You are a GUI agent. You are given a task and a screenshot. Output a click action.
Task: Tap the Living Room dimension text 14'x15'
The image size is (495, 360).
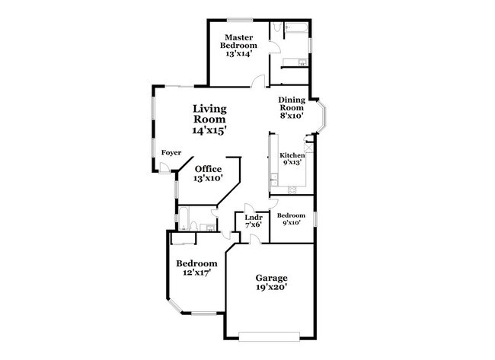coord(209,131)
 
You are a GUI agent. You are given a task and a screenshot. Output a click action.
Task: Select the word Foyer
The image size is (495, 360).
coord(171,153)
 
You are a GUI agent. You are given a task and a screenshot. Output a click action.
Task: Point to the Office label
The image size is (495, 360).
coord(208,169)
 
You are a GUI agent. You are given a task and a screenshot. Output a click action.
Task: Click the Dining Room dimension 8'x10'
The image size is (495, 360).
coord(292,116)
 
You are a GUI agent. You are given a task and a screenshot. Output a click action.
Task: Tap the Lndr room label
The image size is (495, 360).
coord(254,218)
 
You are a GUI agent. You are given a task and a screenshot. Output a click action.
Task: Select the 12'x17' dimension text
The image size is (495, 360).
coord(193,272)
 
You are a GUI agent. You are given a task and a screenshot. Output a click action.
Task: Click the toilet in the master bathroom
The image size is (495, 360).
coord(276,28)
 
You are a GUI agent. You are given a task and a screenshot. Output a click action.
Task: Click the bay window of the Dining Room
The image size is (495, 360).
coord(324,116)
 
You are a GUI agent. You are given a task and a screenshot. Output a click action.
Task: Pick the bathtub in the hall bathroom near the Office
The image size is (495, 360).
coord(183,218)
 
